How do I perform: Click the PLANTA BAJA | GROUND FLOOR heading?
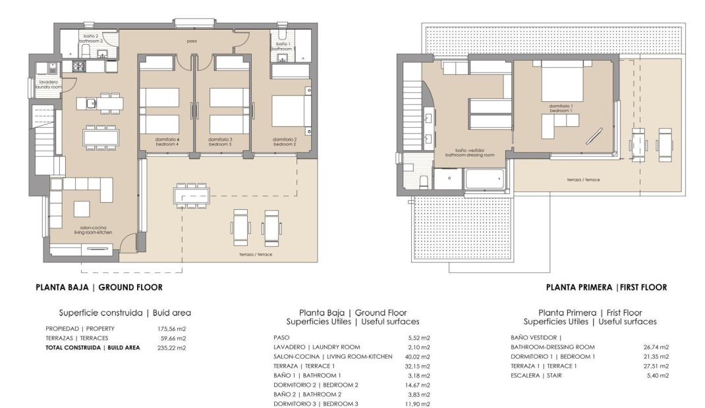click(98, 287)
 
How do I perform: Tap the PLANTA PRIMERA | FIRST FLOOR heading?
click(606, 287)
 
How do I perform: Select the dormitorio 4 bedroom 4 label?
click(167, 141)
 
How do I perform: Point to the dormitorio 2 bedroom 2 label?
click(286, 141)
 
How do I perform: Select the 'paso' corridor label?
click(192, 41)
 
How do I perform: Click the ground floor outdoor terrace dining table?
click(192, 195)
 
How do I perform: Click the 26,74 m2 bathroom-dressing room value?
click(656, 347)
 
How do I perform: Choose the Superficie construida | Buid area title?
click(125, 313)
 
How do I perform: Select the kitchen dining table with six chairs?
click(101, 136)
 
